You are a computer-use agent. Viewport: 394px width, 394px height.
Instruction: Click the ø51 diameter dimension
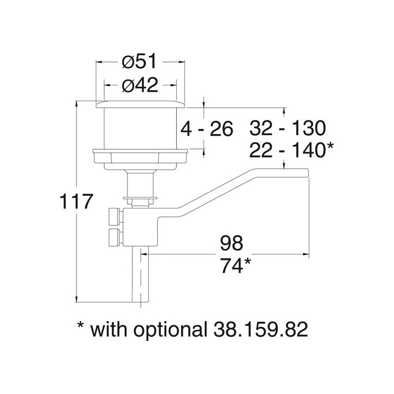[140, 63]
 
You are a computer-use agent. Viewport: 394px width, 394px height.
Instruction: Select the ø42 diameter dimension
[140, 85]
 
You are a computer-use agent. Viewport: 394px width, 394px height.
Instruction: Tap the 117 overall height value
[75, 202]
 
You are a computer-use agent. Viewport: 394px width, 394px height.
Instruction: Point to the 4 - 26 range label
[207, 129]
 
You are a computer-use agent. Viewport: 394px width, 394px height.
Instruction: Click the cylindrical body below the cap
[140, 129]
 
